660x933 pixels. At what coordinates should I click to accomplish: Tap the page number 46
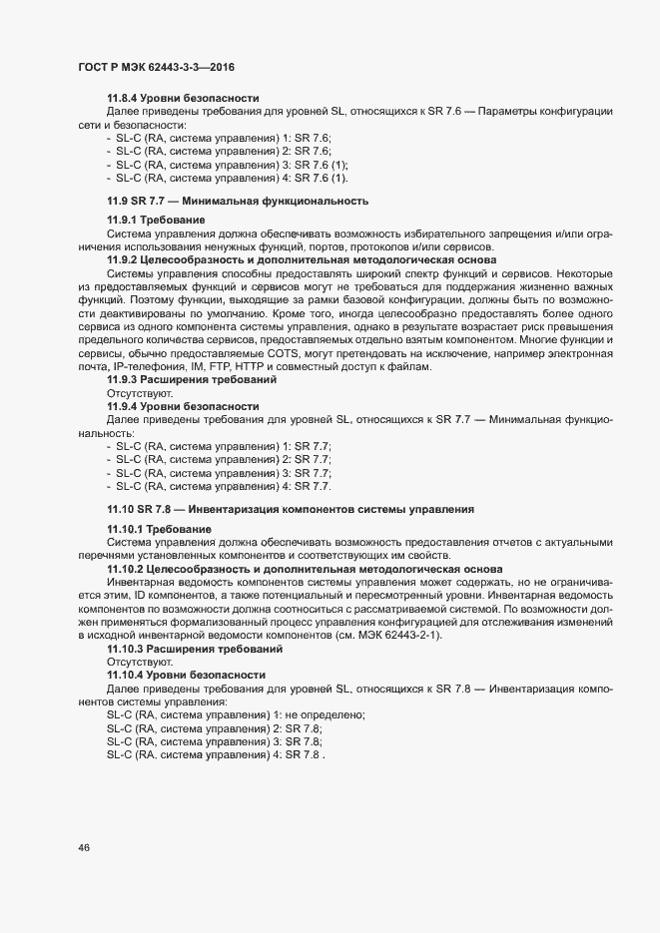(x=83, y=847)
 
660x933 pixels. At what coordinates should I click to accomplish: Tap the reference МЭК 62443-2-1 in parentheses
(x=393, y=636)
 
